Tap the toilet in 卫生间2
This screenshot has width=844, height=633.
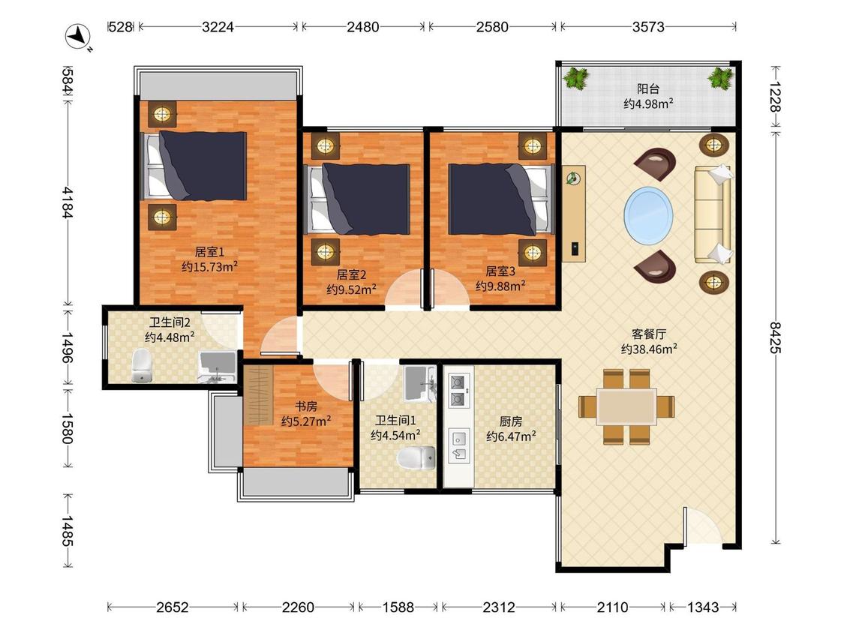(142, 365)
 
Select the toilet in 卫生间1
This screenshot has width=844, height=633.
(416, 457)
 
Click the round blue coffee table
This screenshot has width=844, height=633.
(648, 214)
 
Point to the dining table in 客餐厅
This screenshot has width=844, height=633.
(626, 406)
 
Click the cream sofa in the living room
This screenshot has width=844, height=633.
(713, 214)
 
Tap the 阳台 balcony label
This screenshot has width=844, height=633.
(648, 88)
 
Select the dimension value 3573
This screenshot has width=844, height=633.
(648, 26)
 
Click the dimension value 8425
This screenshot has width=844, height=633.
(775, 337)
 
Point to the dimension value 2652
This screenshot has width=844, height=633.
(173, 607)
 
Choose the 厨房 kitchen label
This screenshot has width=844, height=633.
(510, 421)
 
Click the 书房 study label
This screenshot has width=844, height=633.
(305, 406)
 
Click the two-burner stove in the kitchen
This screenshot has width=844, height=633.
(457, 391)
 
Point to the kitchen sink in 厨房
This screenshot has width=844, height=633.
(458, 445)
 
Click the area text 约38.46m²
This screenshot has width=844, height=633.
(649, 349)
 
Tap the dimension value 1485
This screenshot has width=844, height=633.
(66, 531)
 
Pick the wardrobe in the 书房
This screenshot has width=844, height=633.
(258, 395)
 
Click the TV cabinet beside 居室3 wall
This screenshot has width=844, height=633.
(574, 214)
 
